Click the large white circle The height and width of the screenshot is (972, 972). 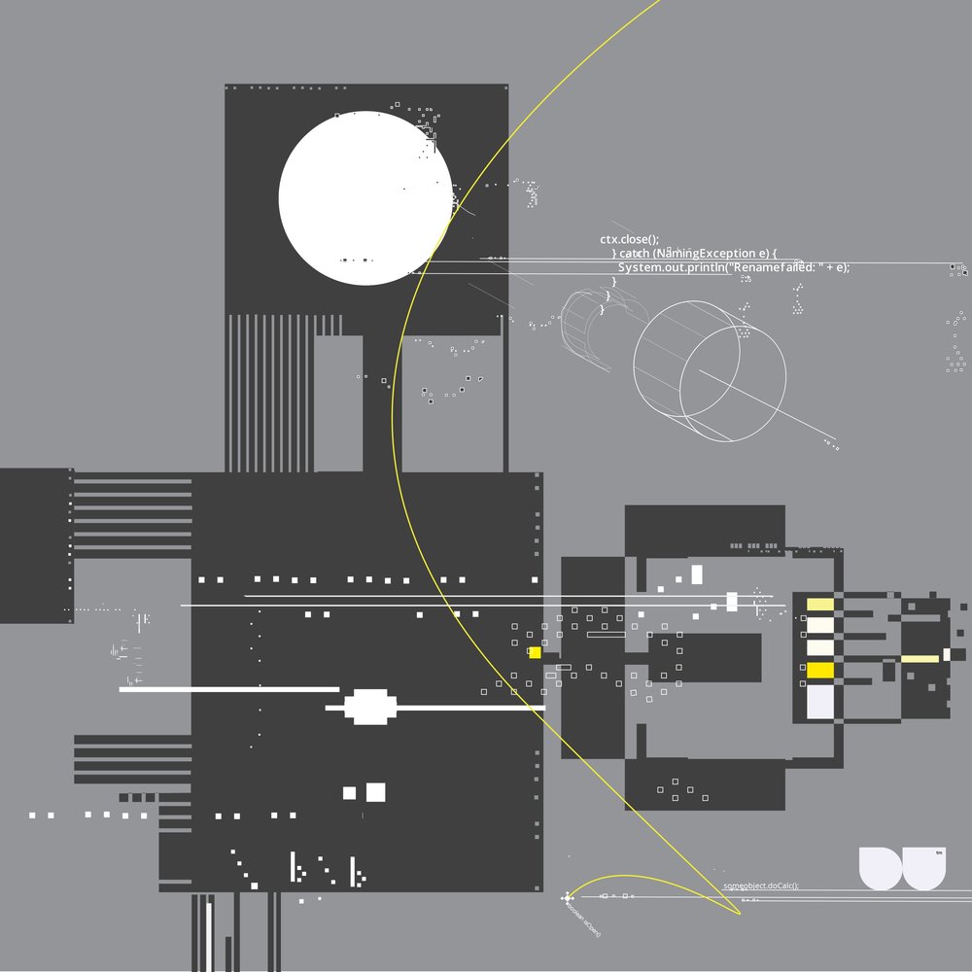click(x=364, y=197)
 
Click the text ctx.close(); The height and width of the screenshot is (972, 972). click(x=629, y=238)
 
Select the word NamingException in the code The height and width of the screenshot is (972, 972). click(x=710, y=253)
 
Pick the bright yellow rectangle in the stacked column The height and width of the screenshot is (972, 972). click(x=820, y=670)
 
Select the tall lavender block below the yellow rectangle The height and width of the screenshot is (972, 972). click(x=820, y=703)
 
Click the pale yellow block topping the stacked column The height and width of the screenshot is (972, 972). click(x=820, y=605)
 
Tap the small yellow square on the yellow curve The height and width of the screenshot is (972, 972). click(x=535, y=652)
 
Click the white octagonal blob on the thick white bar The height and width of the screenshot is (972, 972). click(x=367, y=707)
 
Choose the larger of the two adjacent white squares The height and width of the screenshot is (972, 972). click(x=375, y=792)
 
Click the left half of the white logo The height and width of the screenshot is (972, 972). click(x=882, y=867)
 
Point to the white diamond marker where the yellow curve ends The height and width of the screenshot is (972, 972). click(x=567, y=898)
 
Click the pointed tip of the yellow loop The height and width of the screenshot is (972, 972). click(x=738, y=914)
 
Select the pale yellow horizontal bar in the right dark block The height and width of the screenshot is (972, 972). click(x=920, y=658)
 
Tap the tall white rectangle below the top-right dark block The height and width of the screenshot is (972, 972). click(x=696, y=573)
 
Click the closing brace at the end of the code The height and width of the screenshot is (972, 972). click(x=602, y=309)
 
